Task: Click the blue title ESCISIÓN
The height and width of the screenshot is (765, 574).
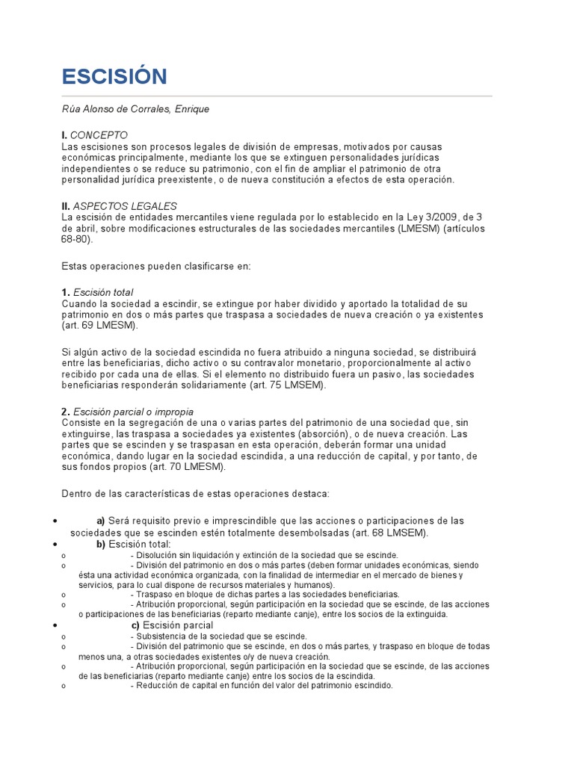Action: pos(114,76)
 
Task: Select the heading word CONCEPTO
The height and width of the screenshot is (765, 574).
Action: pos(94,135)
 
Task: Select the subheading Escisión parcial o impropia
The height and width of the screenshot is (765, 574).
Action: pos(134,412)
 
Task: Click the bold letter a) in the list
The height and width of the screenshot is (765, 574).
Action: pos(101,521)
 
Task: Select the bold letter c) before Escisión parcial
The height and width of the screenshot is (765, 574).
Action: pos(136,625)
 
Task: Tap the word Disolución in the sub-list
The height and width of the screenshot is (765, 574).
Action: pos(160,555)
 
